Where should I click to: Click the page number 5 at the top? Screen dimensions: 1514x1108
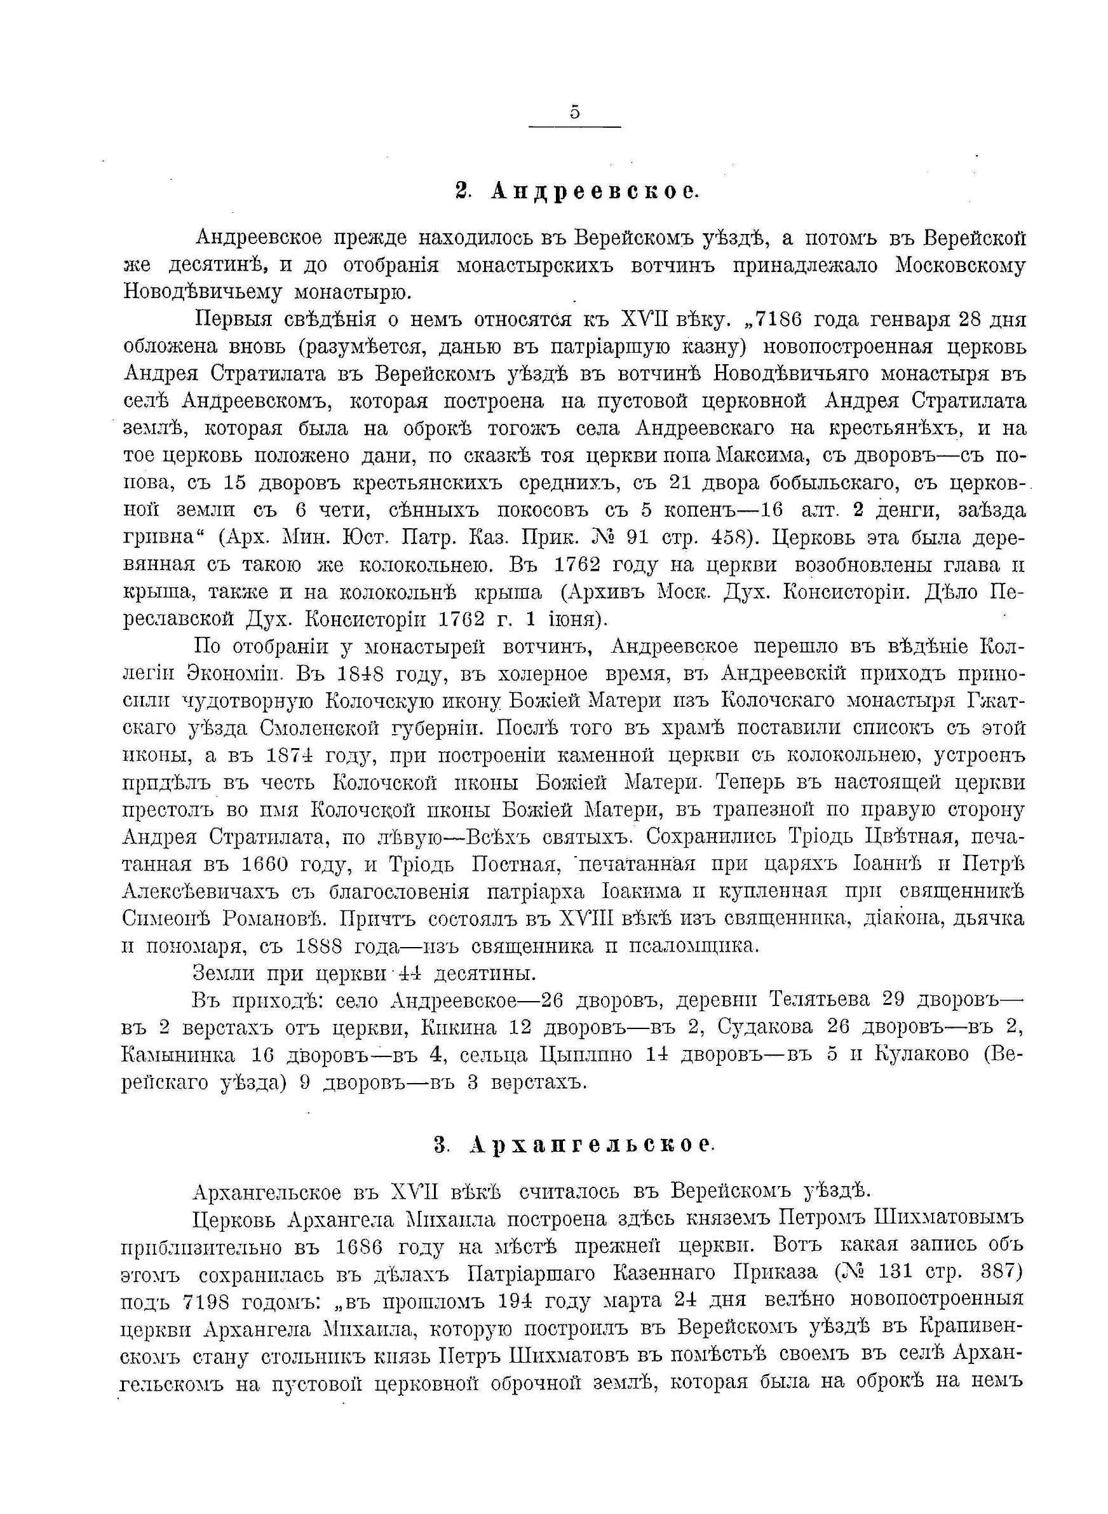tap(575, 113)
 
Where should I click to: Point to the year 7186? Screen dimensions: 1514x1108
tap(774, 320)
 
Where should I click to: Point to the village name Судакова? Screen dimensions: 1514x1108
tap(764, 1028)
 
